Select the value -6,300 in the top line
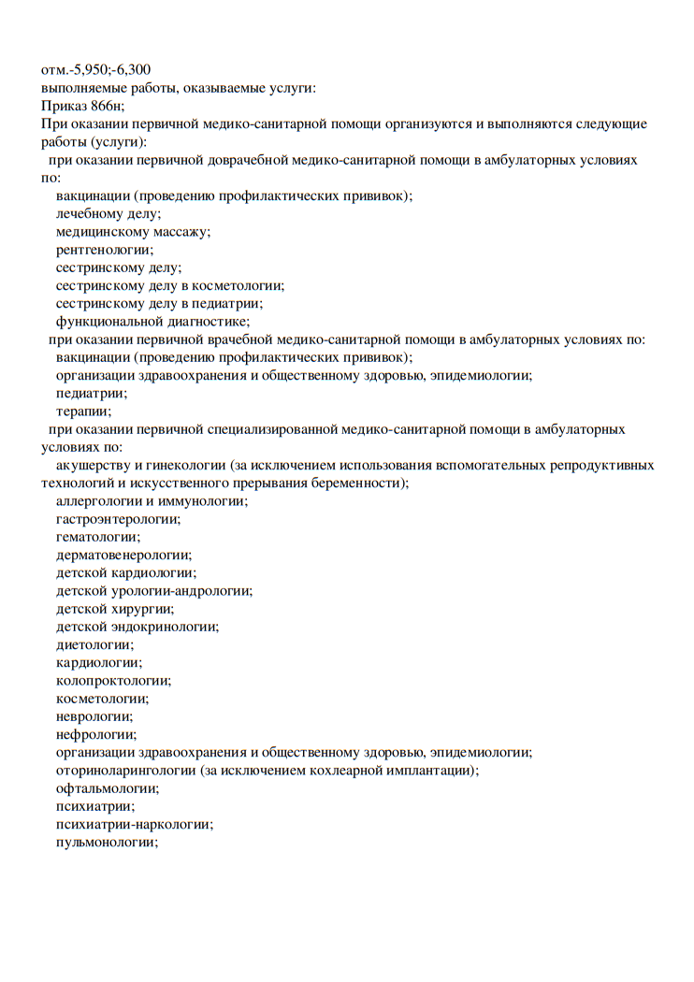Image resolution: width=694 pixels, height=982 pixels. click(131, 69)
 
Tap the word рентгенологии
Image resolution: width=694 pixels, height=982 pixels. click(104, 250)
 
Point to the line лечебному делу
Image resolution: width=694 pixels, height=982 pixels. click(108, 213)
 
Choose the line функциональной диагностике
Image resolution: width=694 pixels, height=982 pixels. click(152, 321)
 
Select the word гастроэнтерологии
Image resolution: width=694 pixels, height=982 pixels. click(118, 519)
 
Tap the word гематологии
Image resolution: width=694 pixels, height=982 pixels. click(98, 537)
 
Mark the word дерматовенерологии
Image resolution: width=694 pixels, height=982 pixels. click(123, 555)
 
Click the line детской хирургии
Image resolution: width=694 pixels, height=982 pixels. click(114, 609)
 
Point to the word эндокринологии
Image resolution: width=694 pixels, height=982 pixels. click(166, 627)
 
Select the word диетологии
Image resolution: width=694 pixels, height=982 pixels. click(94, 644)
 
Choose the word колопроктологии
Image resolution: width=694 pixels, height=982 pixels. click(113, 681)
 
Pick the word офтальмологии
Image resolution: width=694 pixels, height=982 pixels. click(107, 787)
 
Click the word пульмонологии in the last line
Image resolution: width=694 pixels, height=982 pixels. click(106, 842)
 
